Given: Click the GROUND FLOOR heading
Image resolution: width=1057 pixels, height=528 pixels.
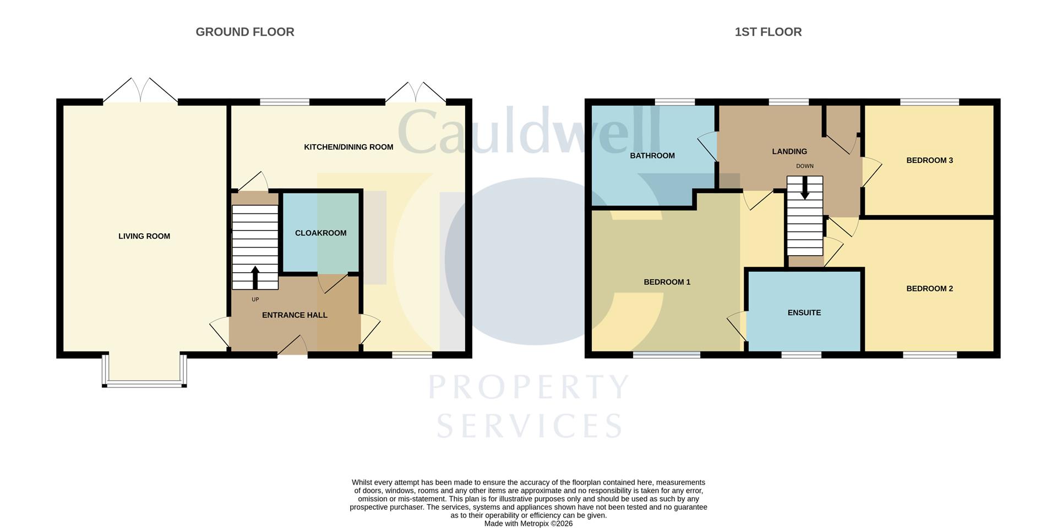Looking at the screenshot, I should click(x=245, y=32).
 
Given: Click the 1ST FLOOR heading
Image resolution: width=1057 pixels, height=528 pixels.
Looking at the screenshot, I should click(x=768, y=32).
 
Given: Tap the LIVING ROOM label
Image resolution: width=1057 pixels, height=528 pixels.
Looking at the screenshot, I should click(x=144, y=236).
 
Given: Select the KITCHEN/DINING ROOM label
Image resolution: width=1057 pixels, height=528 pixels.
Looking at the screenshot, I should click(x=348, y=147).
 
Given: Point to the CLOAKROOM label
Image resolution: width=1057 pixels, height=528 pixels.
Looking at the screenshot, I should click(x=320, y=233).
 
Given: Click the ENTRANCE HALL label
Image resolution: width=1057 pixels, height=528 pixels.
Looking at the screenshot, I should click(x=295, y=315).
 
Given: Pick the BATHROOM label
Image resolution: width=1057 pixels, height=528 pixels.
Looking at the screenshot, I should click(x=652, y=156).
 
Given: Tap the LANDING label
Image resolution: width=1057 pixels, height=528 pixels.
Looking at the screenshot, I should click(x=789, y=151).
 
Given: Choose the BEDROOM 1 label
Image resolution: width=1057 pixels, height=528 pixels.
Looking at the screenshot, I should click(x=667, y=282).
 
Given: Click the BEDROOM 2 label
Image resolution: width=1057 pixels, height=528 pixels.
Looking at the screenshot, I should click(x=929, y=289).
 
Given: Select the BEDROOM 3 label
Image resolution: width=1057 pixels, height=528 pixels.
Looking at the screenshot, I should click(x=929, y=161).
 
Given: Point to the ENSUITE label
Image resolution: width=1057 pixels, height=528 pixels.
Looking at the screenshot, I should click(x=804, y=313).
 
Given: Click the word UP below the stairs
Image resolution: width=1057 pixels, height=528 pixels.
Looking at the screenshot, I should click(x=255, y=300).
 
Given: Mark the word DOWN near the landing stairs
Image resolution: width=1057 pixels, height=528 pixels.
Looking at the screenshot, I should click(x=804, y=166).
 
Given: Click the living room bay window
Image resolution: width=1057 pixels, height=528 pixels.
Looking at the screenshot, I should click(x=144, y=383).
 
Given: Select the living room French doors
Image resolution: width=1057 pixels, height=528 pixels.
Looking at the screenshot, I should click(x=140, y=91).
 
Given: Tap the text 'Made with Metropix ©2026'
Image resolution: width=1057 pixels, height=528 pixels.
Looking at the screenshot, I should click(x=528, y=524).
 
